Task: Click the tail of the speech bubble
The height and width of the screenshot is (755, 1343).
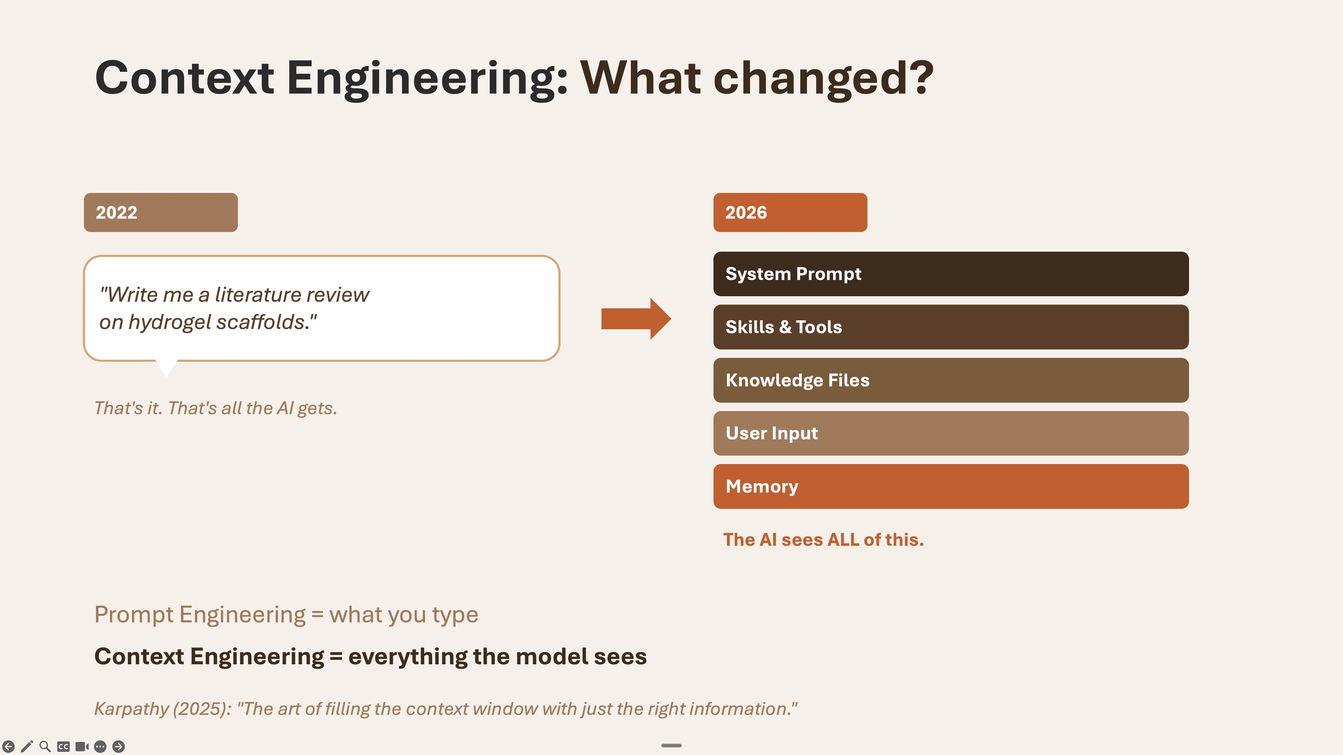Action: (x=167, y=367)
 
